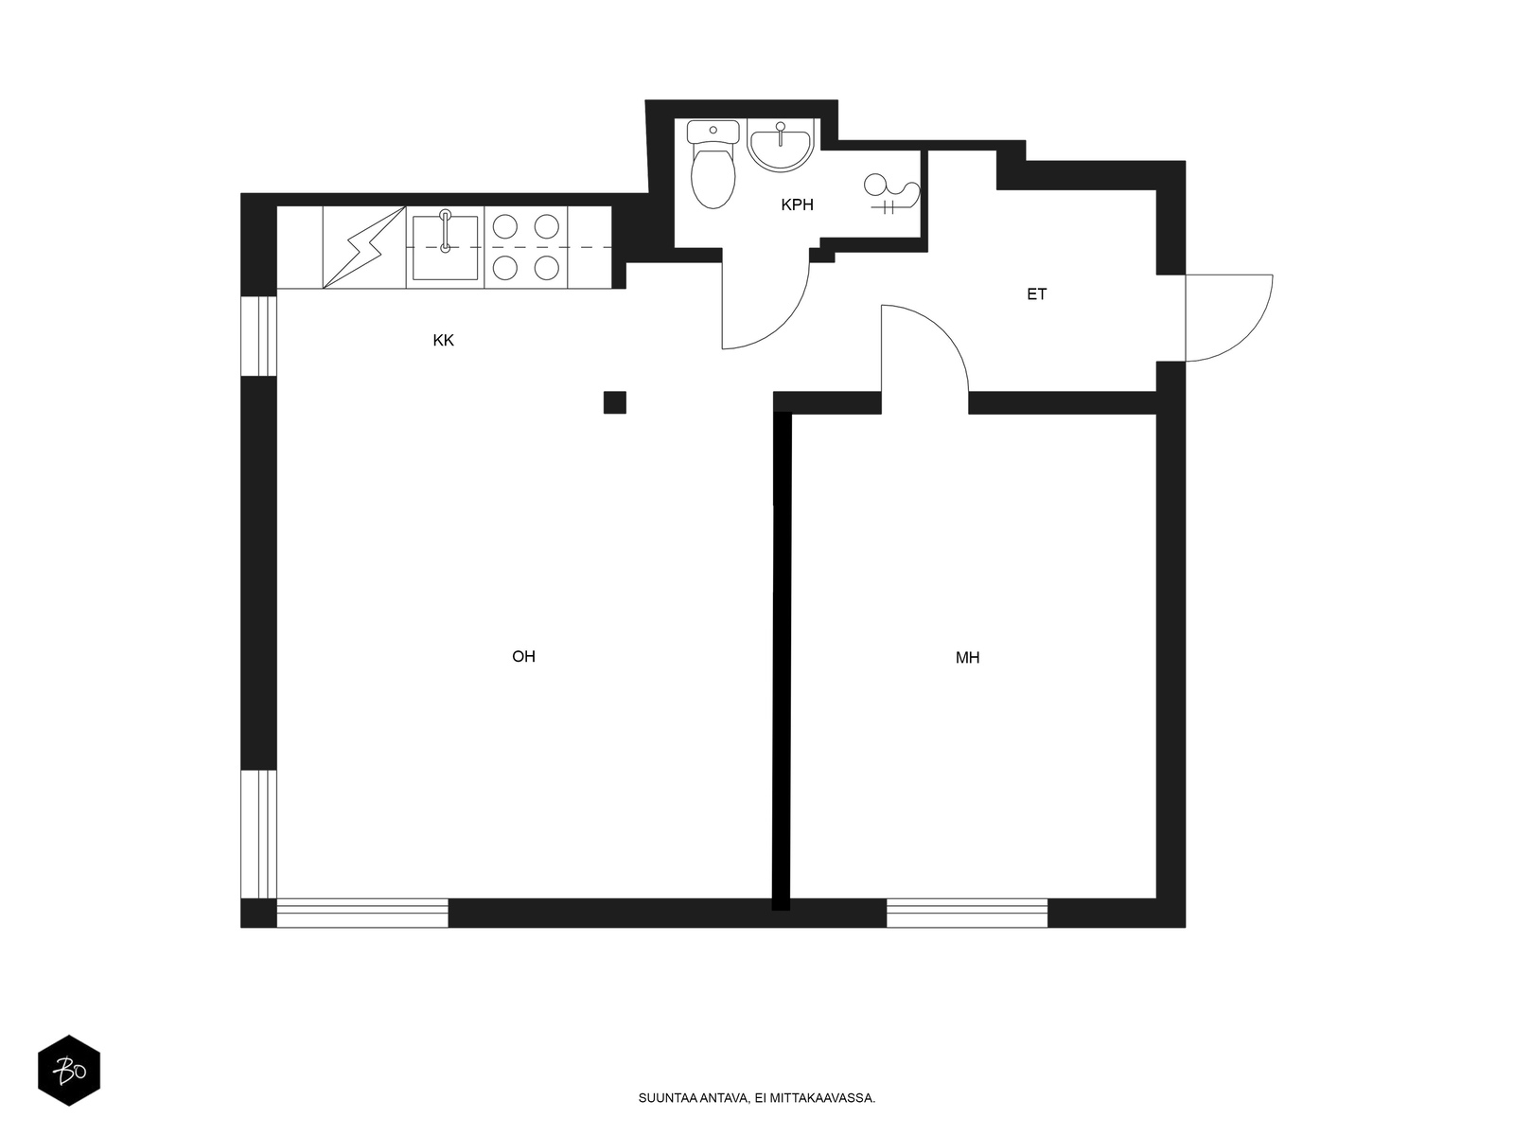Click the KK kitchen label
(x=443, y=340)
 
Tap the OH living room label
(x=523, y=656)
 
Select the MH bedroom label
(x=967, y=658)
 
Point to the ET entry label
(x=1037, y=294)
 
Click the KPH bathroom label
(x=797, y=204)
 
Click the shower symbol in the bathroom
(x=889, y=194)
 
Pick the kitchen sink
(x=445, y=247)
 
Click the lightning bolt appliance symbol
(x=364, y=247)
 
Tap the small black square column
(x=615, y=402)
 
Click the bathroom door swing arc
(x=785, y=322)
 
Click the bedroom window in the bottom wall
(x=967, y=913)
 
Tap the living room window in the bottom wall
(x=362, y=913)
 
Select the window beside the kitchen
(x=258, y=336)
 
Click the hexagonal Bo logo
(x=69, y=1071)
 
